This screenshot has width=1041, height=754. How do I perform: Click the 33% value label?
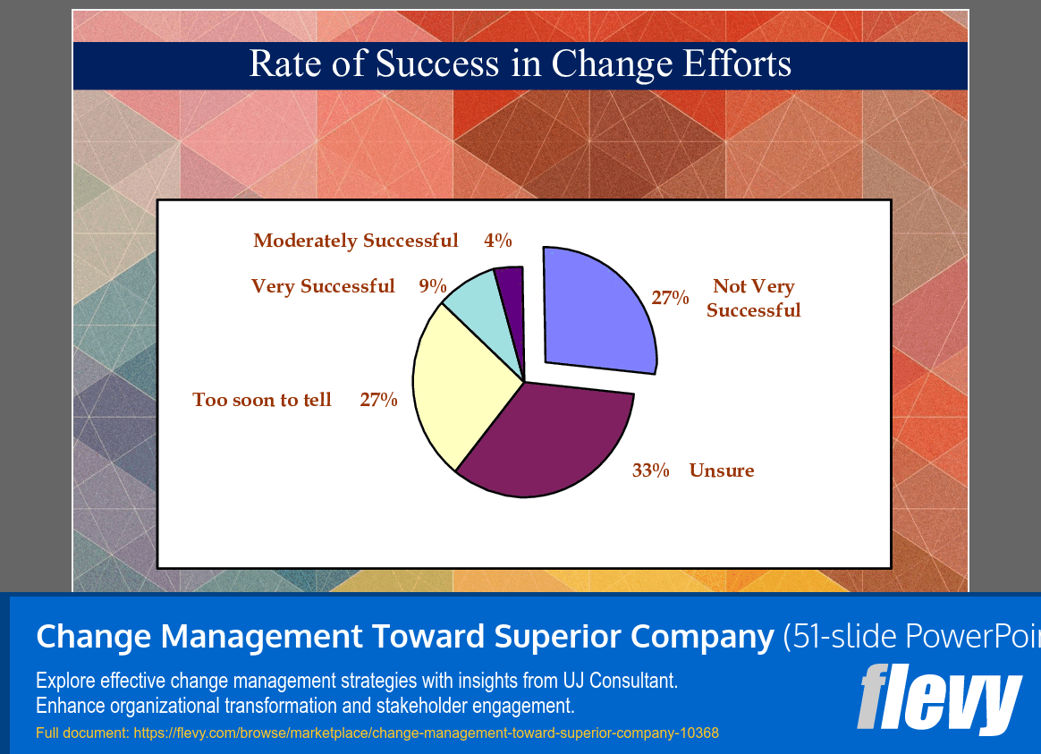click(650, 470)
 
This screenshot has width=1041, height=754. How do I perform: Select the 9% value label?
click(433, 286)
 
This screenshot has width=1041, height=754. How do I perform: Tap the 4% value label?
click(497, 241)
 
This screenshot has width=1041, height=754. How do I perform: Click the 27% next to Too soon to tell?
click(378, 400)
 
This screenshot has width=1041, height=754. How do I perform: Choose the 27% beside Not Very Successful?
click(670, 298)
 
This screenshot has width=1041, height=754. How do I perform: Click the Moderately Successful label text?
click(356, 241)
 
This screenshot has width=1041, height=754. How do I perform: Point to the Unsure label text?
click(721, 470)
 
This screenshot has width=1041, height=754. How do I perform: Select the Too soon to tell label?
click(262, 400)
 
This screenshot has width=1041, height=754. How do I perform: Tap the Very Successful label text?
click(323, 286)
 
